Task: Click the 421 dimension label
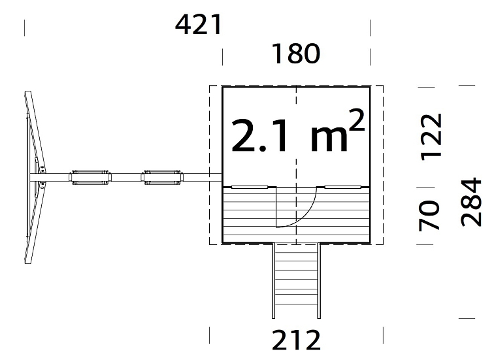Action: click(199, 25)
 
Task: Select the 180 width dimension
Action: click(296, 54)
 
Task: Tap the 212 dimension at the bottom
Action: click(296, 340)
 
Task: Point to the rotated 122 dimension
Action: click(432, 137)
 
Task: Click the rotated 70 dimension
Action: click(429, 216)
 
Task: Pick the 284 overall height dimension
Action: click(471, 203)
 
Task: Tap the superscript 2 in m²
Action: click(357, 120)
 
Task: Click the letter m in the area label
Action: click(329, 140)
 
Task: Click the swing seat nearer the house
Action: click(162, 178)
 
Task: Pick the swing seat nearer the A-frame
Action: click(90, 178)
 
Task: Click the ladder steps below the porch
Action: click(296, 280)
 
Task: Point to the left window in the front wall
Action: click(250, 187)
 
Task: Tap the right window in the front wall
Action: click(343, 187)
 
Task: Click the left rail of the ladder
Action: click(273, 280)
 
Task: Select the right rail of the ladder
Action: click(319, 280)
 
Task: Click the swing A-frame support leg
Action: click(35, 177)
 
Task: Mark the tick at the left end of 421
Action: click(25, 27)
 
